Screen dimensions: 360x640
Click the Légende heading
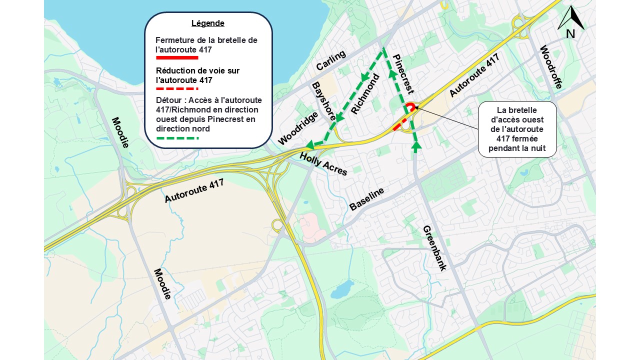tap(207, 23)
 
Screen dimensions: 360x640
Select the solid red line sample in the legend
tap(177, 58)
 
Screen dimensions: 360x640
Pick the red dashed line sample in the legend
tap(177, 88)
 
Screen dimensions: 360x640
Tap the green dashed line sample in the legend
tap(177, 137)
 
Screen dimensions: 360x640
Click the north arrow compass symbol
tap(570, 18)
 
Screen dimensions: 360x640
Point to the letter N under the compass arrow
tap(570, 34)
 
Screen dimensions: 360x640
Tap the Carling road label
tap(330, 60)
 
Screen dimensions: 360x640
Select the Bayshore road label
tap(324, 101)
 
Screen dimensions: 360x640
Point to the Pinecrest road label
tap(403, 73)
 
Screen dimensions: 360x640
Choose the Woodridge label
tap(297, 128)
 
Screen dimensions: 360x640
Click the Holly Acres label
tap(323, 164)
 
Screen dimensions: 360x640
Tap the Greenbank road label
tap(434, 248)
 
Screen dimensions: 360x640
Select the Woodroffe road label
tap(551, 67)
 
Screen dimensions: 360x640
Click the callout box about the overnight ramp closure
tap(517, 129)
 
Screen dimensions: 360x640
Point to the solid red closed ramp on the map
tap(410, 106)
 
